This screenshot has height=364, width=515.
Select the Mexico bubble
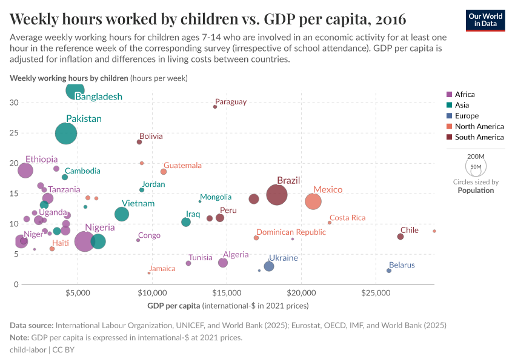(x=313, y=201)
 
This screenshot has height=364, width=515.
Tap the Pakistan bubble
(x=66, y=133)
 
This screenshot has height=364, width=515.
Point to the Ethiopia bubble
(x=25, y=170)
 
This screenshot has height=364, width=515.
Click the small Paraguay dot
(x=215, y=107)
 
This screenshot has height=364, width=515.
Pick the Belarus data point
(x=389, y=271)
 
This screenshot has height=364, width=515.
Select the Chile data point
(x=400, y=237)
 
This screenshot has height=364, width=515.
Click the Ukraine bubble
(x=269, y=266)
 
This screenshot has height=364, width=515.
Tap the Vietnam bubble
(x=122, y=214)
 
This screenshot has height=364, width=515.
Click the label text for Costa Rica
(x=347, y=218)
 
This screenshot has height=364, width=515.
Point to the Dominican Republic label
(x=291, y=232)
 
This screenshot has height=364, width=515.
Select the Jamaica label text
(x=162, y=269)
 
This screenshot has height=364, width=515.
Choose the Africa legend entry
(x=465, y=94)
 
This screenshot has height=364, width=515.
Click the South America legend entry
(x=479, y=137)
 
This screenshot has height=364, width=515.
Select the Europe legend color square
(x=449, y=116)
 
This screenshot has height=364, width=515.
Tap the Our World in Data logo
(x=485, y=19)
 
